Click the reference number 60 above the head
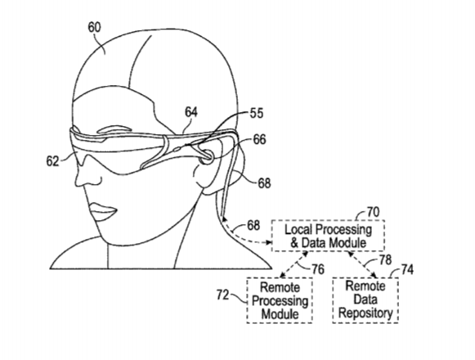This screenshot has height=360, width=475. tap(94, 27)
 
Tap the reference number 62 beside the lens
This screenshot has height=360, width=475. tap(52, 161)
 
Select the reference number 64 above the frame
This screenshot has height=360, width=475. tap(191, 112)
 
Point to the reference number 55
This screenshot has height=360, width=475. tap(257, 114)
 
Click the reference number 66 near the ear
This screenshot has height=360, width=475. tap(260, 140)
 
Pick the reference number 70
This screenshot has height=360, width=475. tap(373, 212)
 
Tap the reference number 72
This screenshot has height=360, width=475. tap(222, 295)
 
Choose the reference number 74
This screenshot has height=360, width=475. tap(407, 269)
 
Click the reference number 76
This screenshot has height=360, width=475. tap(318, 269)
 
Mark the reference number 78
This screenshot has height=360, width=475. tap(385, 259)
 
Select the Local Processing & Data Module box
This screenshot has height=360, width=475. tap(329, 236)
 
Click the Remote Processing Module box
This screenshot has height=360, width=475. tap(280, 300)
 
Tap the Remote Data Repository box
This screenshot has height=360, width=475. tap(365, 299)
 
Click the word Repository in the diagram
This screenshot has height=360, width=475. tap(365, 313)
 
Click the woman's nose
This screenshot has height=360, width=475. tap(87, 176)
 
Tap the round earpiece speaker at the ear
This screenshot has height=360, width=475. tap(208, 156)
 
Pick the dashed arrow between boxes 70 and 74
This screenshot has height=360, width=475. tap(363, 264)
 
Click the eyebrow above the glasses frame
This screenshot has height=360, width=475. tap(111, 129)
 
